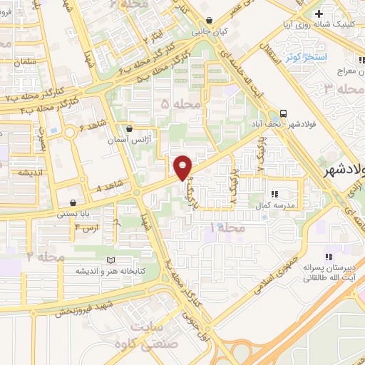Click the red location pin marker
(183, 166)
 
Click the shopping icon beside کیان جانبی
(208, 21)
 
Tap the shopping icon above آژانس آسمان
(128, 130)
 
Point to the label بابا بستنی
(77, 212)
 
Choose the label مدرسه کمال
(274, 205)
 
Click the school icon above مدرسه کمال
(275, 193)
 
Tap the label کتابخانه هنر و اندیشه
(107, 272)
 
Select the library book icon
(109, 260)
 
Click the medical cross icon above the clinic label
(320, 14)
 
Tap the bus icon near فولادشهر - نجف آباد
(284, 113)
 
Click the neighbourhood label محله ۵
(175, 104)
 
